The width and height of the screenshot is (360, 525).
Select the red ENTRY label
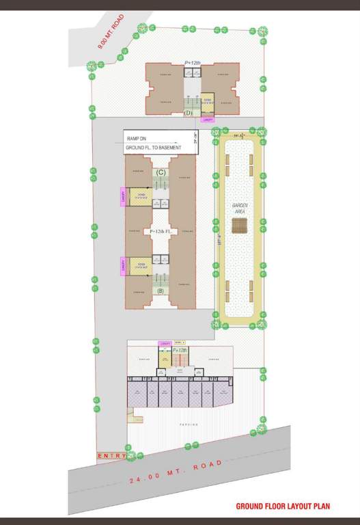(x=111, y=455)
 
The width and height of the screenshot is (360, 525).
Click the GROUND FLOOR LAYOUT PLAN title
(x=283, y=507)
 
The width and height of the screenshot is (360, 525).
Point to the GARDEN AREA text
(x=239, y=208)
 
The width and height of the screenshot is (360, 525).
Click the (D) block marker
(x=189, y=113)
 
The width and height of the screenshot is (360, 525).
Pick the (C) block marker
(x=161, y=172)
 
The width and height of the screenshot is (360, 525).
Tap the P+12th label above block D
(x=193, y=63)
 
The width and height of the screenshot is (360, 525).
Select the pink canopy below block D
(x=207, y=120)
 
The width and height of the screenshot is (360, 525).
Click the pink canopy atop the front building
(x=165, y=343)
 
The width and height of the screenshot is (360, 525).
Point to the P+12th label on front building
(x=180, y=349)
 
